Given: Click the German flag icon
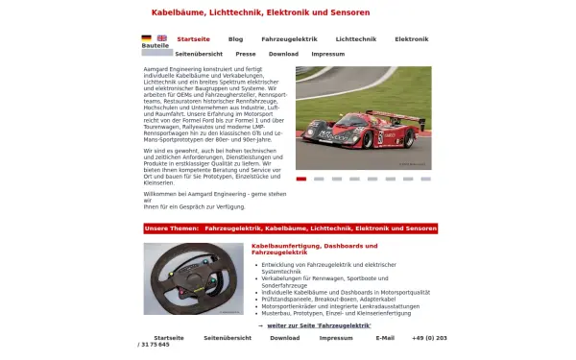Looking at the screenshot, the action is (146, 38).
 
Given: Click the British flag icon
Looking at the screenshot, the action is (161, 38).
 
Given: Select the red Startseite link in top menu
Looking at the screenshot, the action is (194, 39).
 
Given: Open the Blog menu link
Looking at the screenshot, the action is (235, 39).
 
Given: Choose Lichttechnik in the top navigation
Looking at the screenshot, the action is (356, 39).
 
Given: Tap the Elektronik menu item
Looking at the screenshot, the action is (411, 39).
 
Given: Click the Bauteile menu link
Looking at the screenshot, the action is (155, 46).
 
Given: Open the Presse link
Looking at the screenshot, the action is (246, 54).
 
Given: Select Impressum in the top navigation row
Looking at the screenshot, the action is (327, 54).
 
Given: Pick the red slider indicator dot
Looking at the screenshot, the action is (301, 179).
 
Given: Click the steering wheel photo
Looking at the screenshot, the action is (193, 278).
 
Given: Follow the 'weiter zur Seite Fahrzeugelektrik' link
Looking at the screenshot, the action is (318, 325).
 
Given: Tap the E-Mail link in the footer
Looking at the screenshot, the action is (385, 338).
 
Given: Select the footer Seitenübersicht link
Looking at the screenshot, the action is (228, 338).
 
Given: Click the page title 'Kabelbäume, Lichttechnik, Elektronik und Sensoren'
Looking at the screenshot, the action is (260, 12).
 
